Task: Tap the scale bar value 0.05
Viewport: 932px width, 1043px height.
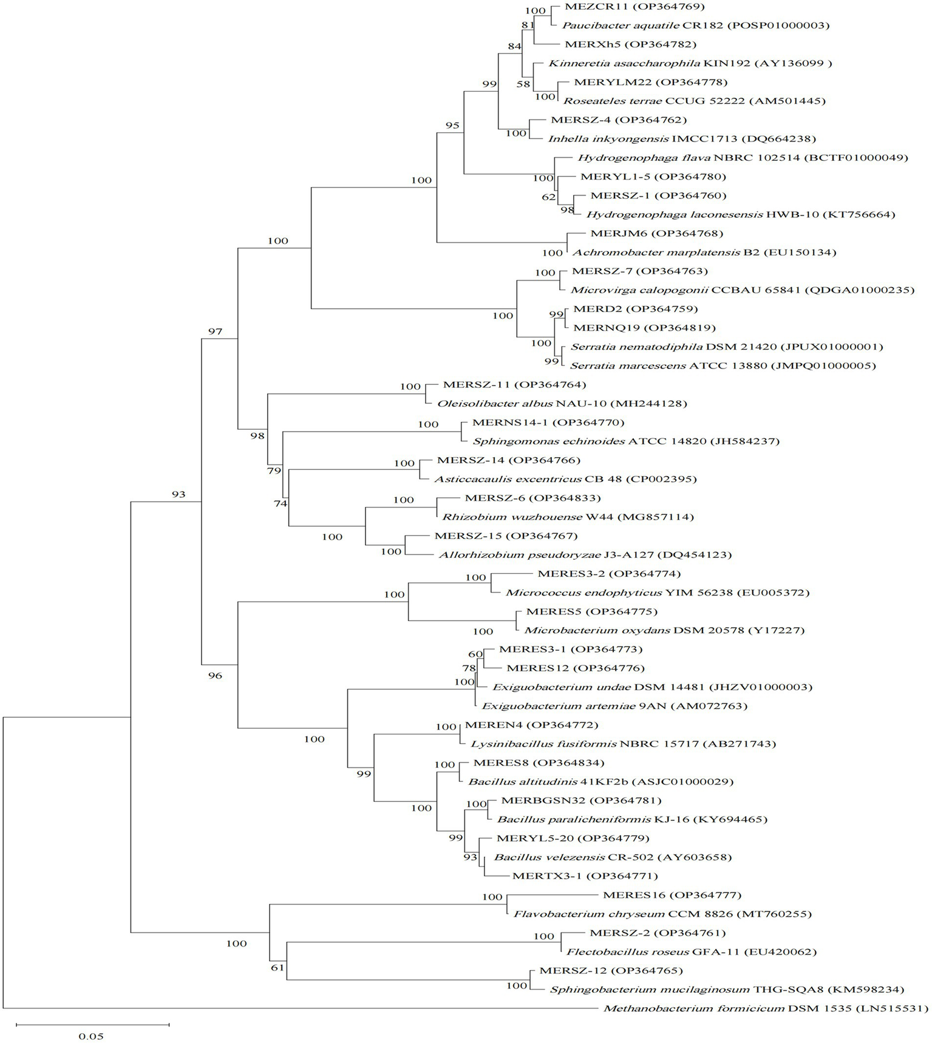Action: tap(91, 1036)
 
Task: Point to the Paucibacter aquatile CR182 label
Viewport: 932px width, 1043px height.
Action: tap(695, 25)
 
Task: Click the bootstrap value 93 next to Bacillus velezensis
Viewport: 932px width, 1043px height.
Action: tap(470, 857)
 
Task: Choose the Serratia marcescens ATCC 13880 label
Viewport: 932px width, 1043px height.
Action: tap(723, 365)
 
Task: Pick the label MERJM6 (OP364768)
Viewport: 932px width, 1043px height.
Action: tap(648, 233)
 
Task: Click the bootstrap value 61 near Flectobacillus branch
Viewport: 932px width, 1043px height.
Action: tap(277, 968)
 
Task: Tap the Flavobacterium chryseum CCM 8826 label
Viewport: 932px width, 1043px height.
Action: tap(662, 914)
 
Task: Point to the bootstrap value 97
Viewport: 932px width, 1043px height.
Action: tap(215, 331)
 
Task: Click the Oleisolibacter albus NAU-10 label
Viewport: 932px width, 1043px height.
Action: tap(562, 403)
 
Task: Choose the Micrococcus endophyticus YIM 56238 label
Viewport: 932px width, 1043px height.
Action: tap(658, 593)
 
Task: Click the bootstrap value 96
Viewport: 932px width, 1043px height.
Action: tap(215, 676)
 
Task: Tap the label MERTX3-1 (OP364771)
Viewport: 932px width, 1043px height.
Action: tap(585, 876)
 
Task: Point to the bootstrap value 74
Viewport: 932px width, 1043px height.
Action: tap(280, 503)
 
